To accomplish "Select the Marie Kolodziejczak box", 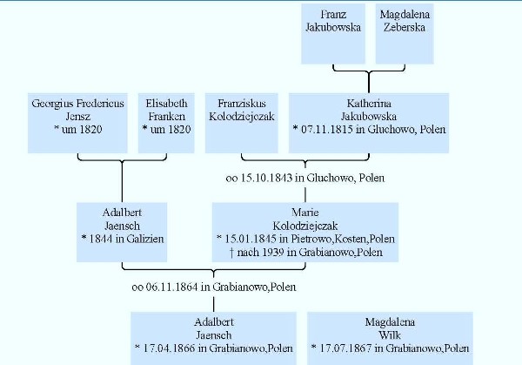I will pyautogui.click(x=305, y=232).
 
